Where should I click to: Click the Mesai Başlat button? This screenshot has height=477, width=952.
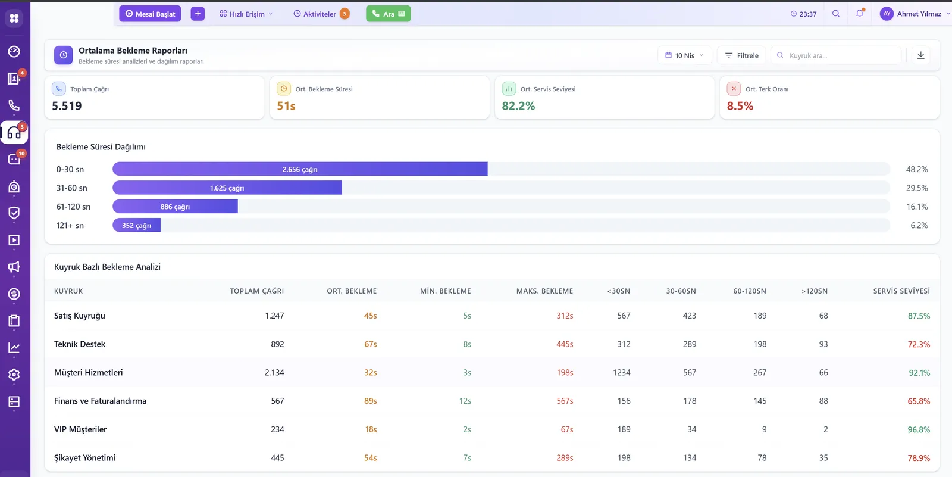150,14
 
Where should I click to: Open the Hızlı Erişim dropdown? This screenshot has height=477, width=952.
246,14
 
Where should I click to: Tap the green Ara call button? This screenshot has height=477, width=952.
388,14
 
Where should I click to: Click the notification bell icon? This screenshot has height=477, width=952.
860,13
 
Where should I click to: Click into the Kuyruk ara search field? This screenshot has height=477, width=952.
836,55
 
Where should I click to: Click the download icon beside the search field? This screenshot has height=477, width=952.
921,55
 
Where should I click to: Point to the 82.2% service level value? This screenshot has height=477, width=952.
518,105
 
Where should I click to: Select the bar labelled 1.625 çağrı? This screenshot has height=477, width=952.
227,188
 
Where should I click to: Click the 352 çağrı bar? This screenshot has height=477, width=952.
136,225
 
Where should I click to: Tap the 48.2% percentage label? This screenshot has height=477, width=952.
917,169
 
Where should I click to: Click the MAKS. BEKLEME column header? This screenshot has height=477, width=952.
544,291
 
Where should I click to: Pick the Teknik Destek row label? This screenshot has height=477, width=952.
80,344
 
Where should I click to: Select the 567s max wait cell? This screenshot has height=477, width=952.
565,401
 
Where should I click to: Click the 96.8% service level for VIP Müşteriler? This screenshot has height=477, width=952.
919,429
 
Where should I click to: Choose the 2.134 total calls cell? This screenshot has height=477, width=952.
274,372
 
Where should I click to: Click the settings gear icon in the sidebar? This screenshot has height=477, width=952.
14,375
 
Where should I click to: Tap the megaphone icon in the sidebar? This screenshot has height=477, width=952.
14,267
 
